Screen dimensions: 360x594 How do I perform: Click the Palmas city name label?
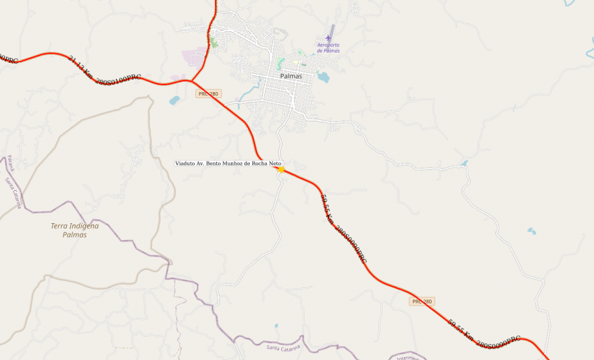click(291, 76)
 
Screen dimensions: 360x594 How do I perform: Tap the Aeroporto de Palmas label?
click(328, 47)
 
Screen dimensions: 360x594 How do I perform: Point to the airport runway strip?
click(332, 30)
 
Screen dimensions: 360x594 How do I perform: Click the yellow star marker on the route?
click(281, 169)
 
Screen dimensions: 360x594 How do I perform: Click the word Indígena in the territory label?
click(84, 226)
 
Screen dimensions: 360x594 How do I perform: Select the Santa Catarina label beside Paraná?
click(14, 193)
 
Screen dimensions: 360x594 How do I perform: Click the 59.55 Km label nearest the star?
click(343, 228)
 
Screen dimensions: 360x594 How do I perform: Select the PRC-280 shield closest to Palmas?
click(209, 94)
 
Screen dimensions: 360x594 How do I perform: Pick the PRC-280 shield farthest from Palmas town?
click(422, 302)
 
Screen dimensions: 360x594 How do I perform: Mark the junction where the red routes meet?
click(192, 80)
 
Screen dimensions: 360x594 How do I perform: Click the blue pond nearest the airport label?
click(323, 77)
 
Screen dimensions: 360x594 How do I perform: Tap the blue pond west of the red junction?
click(174, 101)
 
